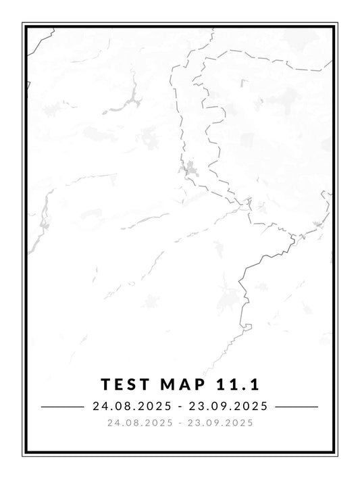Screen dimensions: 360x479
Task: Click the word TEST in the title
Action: coord(124,384)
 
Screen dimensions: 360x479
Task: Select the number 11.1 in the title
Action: coord(237,384)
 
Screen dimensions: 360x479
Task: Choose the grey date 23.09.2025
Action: coord(222,423)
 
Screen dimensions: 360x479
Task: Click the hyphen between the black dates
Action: coord(180,407)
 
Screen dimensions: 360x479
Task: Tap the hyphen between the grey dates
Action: coord(180,423)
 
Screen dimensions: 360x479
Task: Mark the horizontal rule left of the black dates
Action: coord(61,407)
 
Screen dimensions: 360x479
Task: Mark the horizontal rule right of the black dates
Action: coord(297,407)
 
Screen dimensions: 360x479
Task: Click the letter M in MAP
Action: coord(165,384)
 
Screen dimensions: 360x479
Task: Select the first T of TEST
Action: coord(105,384)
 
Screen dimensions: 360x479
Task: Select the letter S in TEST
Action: coord(130,384)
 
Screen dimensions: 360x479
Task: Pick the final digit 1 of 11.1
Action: coord(256,384)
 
